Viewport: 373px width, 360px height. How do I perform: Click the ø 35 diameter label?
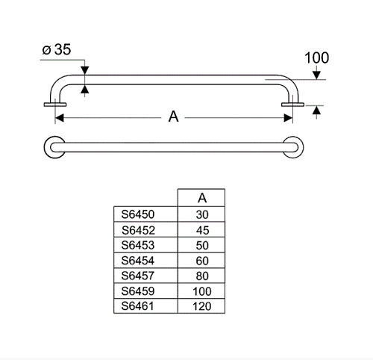(x=57, y=49)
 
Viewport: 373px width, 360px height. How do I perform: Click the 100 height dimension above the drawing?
(x=317, y=58)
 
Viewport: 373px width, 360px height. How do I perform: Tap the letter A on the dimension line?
(x=173, y=117)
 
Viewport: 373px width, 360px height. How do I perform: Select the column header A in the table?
(x=202, y=198)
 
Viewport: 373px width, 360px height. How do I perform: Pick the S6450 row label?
(x=138, y=214)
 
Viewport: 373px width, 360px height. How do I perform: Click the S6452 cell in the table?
(x=138, y=230)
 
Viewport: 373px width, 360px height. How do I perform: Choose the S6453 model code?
(x=138, y=245)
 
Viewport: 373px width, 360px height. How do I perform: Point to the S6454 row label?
(x=138, y=261)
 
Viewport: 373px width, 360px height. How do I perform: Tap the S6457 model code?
(x=138, y=276)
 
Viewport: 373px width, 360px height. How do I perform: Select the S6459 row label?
(x=138, y=291)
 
